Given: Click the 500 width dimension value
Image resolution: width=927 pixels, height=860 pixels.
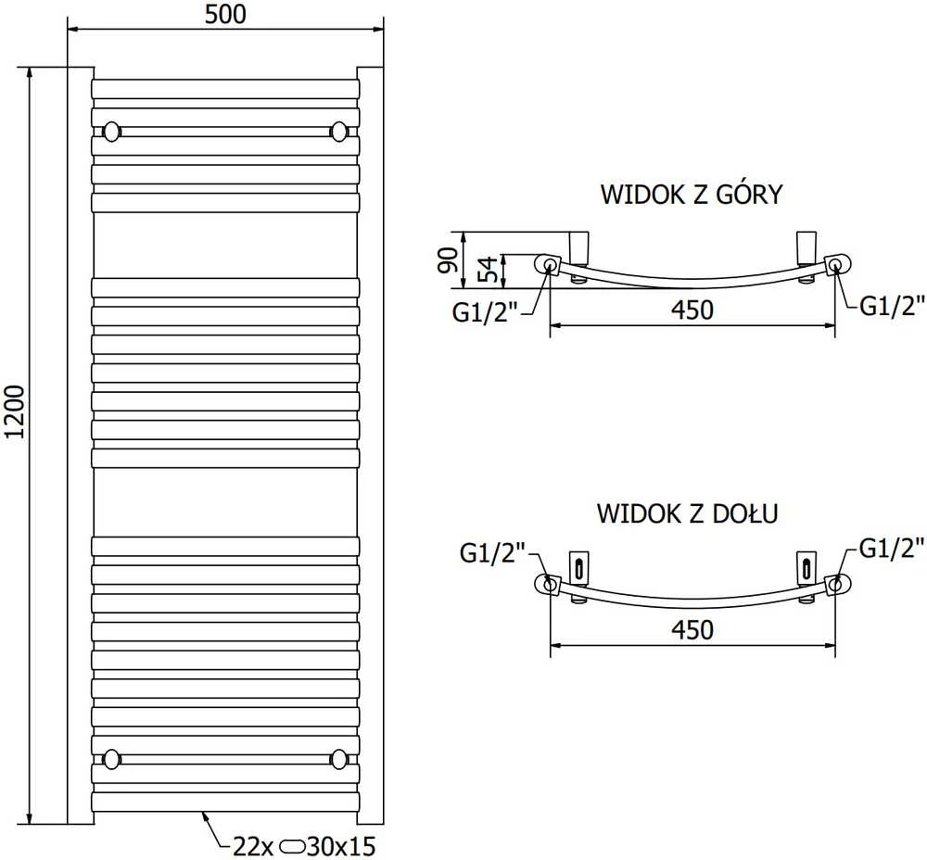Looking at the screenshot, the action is point(225,14).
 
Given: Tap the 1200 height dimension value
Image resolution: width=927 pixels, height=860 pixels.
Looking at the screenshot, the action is point(15,412).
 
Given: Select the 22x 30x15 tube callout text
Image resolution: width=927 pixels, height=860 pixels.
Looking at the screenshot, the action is point(304,846).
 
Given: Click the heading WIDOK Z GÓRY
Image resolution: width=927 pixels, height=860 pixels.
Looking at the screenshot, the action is point(692,195).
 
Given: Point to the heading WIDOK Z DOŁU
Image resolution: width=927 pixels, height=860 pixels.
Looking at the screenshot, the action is point(687,513).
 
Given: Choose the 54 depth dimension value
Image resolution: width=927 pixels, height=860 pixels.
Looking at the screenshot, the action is point(488,270).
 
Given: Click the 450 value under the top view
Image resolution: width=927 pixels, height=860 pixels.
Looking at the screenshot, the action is point(692,310).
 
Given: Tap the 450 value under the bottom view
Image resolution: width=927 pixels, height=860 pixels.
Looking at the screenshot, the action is point(692,630).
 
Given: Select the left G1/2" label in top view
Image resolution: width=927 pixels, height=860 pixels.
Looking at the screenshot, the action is point(485,312).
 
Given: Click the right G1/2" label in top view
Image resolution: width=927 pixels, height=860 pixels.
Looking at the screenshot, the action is point(892,306).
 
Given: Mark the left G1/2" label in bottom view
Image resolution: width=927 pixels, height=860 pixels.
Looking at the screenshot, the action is point(492,554).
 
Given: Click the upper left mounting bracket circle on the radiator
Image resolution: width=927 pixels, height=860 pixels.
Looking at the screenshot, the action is point(112,132).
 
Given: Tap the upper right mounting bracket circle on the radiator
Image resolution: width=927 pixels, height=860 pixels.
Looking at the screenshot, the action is point(339,132).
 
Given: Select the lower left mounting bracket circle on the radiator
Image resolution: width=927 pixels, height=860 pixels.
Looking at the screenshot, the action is point(112,759).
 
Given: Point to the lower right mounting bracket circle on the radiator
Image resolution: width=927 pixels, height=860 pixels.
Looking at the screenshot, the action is point(339,759).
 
